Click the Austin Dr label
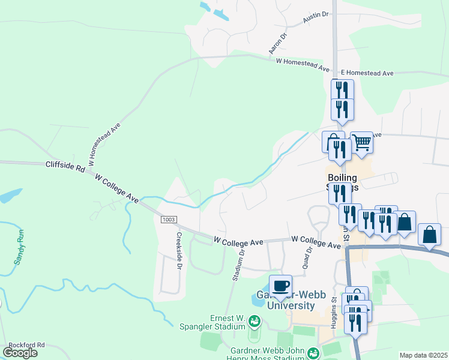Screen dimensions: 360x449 [x=316, y=19]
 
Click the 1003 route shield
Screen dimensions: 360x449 [x=169, y=220]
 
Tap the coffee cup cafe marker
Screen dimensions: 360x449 [x=280, y=286]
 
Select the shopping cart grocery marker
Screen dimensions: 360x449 [x=362, y=143]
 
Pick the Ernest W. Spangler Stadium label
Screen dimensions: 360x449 [x=212, y=322]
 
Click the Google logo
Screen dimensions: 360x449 [x=20, y=352]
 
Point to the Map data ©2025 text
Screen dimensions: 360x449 [x=424, y=355]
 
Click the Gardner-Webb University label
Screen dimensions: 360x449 [x=282, y=301]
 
